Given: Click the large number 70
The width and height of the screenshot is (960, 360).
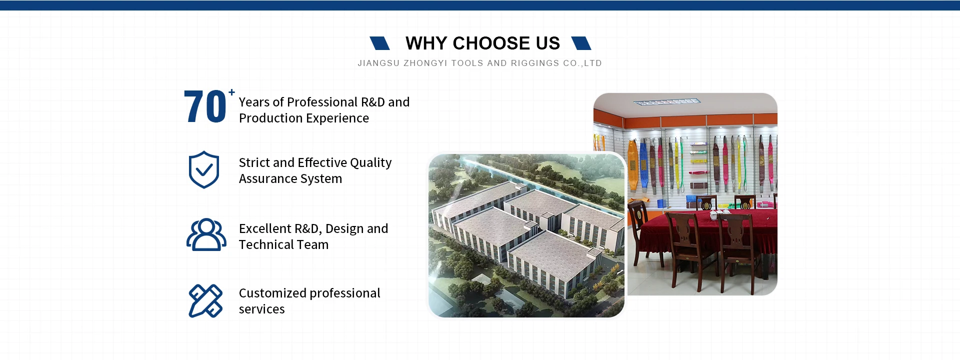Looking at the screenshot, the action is tap(205, 106).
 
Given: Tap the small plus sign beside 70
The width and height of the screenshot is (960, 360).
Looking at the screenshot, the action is tap(231, 92).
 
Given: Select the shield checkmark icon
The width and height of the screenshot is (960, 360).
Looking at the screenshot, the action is tap(204, 169).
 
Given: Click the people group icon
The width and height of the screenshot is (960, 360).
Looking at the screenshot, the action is tap(206, 234).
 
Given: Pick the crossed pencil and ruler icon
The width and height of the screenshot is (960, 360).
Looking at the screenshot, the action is tap(205, 301).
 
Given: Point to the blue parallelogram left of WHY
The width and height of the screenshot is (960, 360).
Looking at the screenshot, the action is tap(379, 43).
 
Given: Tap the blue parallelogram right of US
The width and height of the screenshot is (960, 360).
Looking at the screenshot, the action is tap(581, 43).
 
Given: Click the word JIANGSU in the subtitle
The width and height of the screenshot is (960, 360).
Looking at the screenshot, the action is tap(378, 63).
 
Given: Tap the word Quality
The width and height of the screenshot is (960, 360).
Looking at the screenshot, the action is tap(370, 163).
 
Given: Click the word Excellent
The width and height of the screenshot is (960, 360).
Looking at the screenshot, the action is tap(265, 229).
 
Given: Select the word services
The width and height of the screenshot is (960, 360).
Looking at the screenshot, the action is tap(261, 309).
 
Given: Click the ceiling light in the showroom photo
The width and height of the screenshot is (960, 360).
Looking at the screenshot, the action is tap(667, 102).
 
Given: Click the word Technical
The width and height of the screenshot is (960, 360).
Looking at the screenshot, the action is tap(263, 245).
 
